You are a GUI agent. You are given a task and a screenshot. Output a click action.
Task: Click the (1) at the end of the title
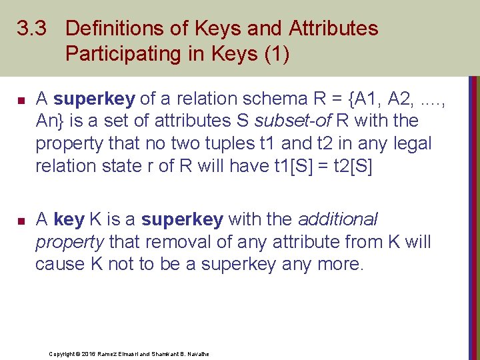pos(275,54)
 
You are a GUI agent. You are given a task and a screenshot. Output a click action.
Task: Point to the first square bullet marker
pos(21,101)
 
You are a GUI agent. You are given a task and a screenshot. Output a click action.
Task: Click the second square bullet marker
pos(21,220)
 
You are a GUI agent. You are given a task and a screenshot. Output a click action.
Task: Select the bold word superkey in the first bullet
pos(95,99)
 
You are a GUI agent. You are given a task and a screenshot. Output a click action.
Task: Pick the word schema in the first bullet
pos(273,99)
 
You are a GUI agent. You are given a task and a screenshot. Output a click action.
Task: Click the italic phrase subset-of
pos(289,121)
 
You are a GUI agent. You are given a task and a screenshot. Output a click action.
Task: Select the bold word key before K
pos(69,219)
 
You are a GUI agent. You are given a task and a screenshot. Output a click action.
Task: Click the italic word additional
pos(338,219)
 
